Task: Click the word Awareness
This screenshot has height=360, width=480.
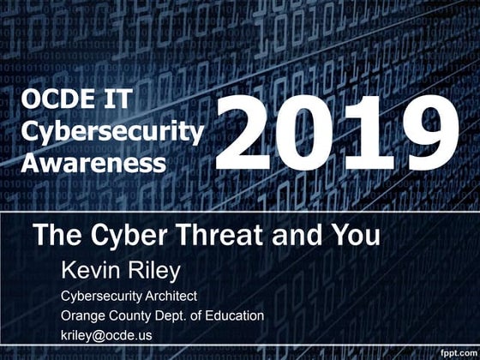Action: [93, 161]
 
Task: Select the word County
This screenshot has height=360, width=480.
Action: [137, 316]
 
